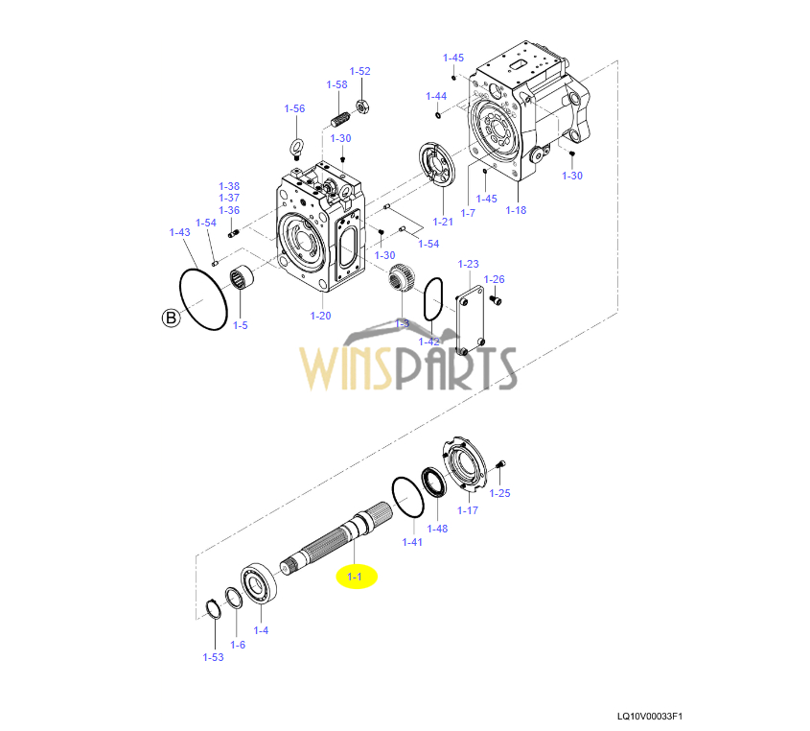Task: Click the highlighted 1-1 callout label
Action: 355,577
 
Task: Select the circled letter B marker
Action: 171,318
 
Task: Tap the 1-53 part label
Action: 213,657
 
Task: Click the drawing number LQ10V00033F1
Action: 656,716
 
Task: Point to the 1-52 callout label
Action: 359,71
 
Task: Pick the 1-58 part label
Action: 336,84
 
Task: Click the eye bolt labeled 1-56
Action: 297,146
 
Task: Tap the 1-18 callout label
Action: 516,210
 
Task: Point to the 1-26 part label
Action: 494,279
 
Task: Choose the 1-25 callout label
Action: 499,493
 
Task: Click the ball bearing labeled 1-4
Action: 260,582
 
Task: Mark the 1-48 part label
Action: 437,529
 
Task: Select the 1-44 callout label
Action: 436,96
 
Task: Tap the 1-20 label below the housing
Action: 320,316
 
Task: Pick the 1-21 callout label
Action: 442,222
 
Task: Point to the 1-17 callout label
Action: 467,510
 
